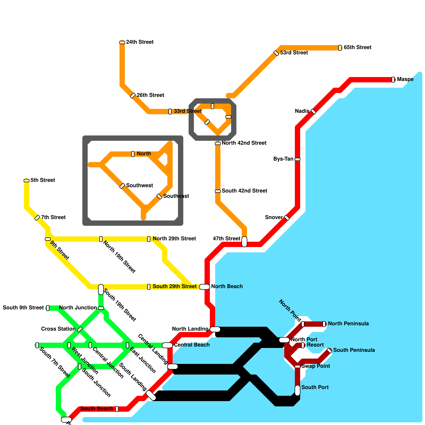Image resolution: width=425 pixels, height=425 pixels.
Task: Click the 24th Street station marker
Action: coord(122,42)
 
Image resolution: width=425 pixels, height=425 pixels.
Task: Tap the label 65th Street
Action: coord(357,48)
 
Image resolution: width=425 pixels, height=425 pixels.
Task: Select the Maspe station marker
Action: coord(393,79)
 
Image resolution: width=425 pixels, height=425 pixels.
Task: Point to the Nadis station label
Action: coord(302,111)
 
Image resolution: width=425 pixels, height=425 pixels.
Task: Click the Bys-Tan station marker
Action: coord(297,159)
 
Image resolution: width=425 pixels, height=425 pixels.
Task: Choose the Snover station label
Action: coord(274,217)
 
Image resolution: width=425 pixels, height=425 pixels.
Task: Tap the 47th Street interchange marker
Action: coord(244,241)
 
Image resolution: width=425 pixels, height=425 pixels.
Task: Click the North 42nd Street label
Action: coord(244,143)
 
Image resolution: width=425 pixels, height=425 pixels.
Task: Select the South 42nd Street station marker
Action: coord(218,191)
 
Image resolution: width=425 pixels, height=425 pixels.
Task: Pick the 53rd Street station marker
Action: coord(276,53)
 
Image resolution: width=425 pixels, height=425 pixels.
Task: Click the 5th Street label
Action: coord(42,180)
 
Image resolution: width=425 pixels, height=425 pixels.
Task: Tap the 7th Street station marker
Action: coord(37,218)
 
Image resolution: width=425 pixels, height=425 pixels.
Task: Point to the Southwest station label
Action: coord(139,185)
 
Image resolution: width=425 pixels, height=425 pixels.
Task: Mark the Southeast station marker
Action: coord(159,197)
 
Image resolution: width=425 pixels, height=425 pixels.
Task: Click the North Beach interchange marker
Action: coord(205,287)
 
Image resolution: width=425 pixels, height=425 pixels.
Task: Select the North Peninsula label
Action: coord(348,324)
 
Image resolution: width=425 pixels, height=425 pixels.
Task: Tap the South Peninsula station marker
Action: coord(329,351)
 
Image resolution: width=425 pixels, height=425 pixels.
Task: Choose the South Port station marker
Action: coord(297,390)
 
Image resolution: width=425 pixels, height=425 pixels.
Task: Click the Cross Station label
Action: coord(58,329)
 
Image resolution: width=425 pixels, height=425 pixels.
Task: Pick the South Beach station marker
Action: coord(117,409)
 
